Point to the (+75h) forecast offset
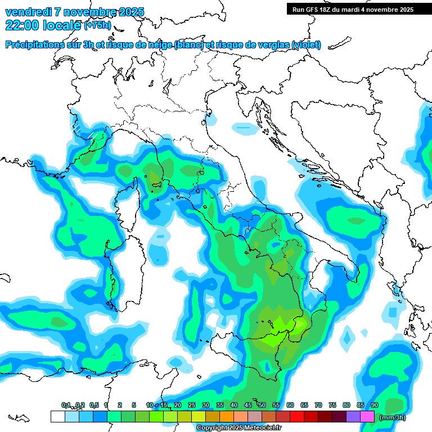coord(97,25)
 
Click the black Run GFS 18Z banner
coord(351,9)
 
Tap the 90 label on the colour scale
coord(375,405)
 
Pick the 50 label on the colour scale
coord(262,405)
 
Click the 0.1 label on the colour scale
coord(66,405)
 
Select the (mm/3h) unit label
coord(392,417)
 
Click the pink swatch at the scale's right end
coord(367,416)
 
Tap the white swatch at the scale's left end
coord(57,416)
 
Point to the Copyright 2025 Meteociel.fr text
coord(238,428)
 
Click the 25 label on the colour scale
coord(192,405)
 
